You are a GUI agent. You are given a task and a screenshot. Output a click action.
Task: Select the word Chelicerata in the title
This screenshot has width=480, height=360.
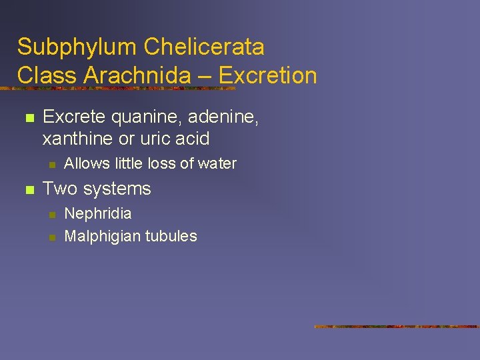[203, 47]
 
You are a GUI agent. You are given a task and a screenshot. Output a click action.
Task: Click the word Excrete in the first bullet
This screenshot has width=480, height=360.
[74, 117]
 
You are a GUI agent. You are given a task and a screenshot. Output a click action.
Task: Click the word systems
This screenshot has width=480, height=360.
[119, 189]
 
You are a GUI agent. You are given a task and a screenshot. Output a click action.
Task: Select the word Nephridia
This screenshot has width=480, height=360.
[98, 214]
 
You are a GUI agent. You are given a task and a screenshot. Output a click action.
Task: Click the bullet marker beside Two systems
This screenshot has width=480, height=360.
[28, 190]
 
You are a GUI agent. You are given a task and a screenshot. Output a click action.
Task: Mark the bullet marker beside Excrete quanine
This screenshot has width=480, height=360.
[28, 119]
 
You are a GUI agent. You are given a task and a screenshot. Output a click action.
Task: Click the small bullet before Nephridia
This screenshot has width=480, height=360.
[52, 215]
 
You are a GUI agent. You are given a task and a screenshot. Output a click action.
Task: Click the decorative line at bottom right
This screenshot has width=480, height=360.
[397, 327]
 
